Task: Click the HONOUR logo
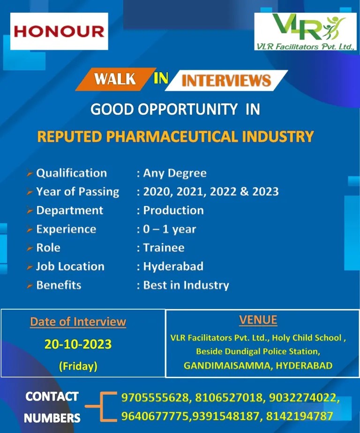(x=59, y=31)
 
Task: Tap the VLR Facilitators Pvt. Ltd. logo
(x=305, y=31)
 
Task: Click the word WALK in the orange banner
(x=115, y=79)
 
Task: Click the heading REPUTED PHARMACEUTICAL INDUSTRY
(x=175, y=137)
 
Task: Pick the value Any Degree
(x=174, y=173)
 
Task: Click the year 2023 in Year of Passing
(x=265, y=191)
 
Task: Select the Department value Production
(x=173, y=210)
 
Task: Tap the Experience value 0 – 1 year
(x=169, y=229)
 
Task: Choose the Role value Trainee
(x=164, y=248)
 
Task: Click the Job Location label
(x=70, y=266)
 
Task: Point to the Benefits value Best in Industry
(x=186, y=285)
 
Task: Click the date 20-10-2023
(x=78, y=344)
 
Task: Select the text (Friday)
(x=78, y=366)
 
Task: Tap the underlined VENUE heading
(x=258, y=320)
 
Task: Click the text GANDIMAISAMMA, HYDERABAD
(x=258, y=365)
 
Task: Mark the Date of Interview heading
(x=78, y=322)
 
